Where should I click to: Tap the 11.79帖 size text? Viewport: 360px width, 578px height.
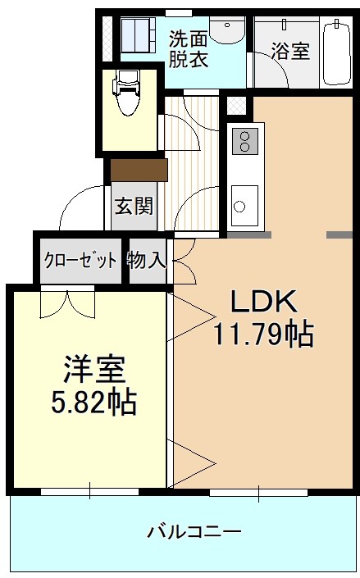click(x=262, y=333)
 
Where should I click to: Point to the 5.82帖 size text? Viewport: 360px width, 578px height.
click(x=95, y=403)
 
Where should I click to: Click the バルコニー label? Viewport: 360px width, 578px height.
click(x=194, y=531)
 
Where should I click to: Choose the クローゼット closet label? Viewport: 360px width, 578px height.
click(x=80, y=262)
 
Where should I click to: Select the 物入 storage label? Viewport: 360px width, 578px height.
click(x=148, y=261)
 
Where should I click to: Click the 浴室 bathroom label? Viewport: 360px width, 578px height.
click(x=290, y=51)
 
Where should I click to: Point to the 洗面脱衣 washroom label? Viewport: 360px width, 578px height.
click(x=189, y=48)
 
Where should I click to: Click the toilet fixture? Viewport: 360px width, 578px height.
click(x=128, y=94)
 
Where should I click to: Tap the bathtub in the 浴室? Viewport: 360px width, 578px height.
click(x=336, y=52)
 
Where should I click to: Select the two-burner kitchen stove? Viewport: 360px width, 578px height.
click(x=244, y=142)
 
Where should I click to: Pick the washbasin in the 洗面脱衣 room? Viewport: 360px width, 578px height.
click(x=226, y=30)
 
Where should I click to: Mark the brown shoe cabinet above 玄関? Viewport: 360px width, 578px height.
click(x=139, y=170)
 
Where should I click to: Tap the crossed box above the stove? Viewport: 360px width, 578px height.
click(x=236, y=107)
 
